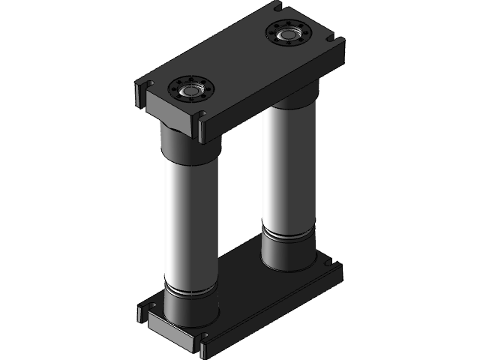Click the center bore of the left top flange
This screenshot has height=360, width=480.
point(191,90)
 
